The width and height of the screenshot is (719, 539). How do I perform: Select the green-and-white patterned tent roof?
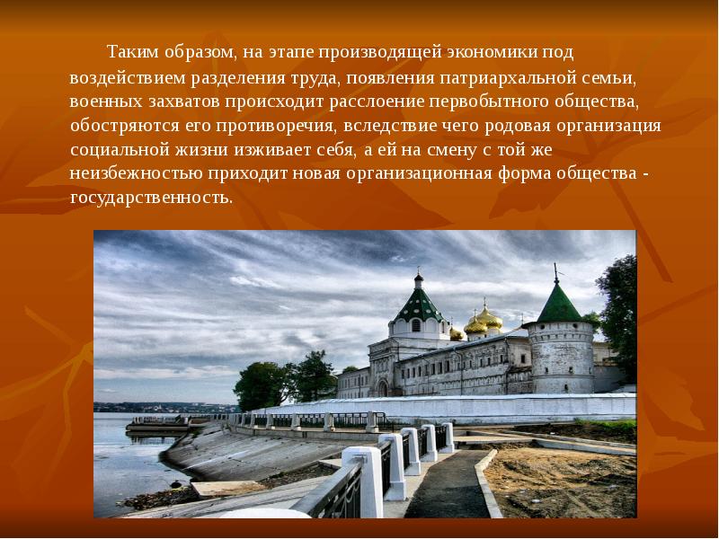[418, 305]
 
